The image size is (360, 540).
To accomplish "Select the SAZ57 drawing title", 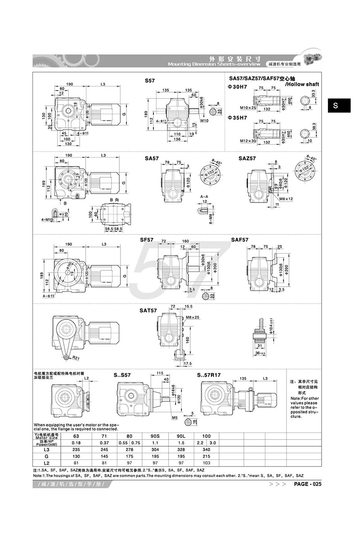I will click(247, 158).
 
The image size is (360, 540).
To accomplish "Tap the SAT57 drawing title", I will click(148, 310).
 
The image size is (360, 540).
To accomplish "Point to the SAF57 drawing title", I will click(240, 240).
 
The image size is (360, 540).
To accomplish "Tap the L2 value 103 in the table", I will click(207, 463).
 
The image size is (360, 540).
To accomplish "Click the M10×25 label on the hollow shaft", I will click(247, 108).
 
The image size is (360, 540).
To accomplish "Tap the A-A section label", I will click(203, 197).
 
